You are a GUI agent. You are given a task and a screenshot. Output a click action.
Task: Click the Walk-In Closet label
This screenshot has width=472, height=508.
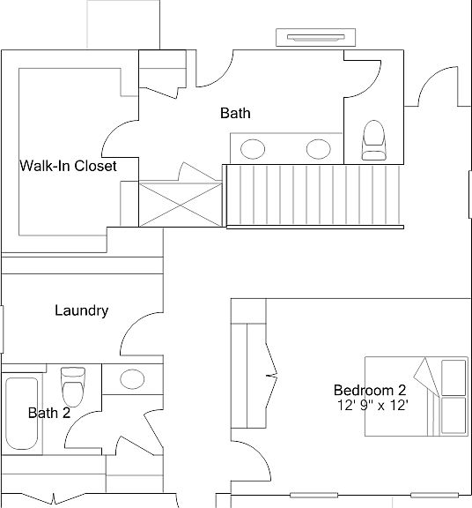(68, 166)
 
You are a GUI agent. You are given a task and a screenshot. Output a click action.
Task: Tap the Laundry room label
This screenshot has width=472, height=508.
(82, 310)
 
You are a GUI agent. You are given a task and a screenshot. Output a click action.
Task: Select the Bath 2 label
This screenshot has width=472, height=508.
(49, 413)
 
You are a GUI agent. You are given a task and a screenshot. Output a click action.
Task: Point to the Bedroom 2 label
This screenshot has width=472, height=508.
(370, 390)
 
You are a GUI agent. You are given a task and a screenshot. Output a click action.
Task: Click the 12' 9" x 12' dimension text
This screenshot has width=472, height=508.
(373, 406)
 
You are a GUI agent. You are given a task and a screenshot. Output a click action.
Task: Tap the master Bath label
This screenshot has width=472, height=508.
(235, 113)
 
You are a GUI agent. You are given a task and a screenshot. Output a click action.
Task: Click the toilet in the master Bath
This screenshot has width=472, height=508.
(374, 140)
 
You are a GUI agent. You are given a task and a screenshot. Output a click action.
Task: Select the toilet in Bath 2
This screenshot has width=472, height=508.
(73, 386)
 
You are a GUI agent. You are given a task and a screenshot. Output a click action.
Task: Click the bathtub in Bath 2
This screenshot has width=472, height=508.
(22, 414)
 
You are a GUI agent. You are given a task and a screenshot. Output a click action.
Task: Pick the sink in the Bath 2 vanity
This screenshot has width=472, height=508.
(132, 379)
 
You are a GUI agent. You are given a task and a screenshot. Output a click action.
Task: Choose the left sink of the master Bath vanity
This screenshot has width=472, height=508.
(253, 149)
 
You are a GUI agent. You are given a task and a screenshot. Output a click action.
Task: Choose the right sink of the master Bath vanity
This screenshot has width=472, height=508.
(319, 149)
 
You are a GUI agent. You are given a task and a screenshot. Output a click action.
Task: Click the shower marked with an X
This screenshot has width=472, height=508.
(181, 205)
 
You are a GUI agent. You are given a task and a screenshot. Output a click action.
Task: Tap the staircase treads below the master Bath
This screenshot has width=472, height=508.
(314, 195)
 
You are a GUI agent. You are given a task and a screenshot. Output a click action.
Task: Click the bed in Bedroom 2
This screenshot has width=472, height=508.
(417, 397)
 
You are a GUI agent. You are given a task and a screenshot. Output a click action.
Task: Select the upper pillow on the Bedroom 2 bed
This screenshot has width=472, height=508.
(454, 377)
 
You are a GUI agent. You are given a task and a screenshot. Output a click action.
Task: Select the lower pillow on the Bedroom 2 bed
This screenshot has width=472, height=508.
(454, 415)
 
